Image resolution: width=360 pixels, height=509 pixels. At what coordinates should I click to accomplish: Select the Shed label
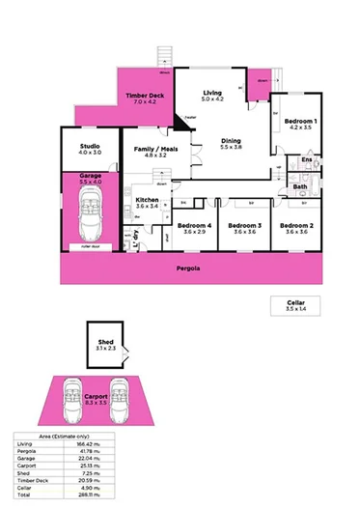106,342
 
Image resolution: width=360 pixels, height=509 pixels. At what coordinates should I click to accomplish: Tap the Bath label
300,186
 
